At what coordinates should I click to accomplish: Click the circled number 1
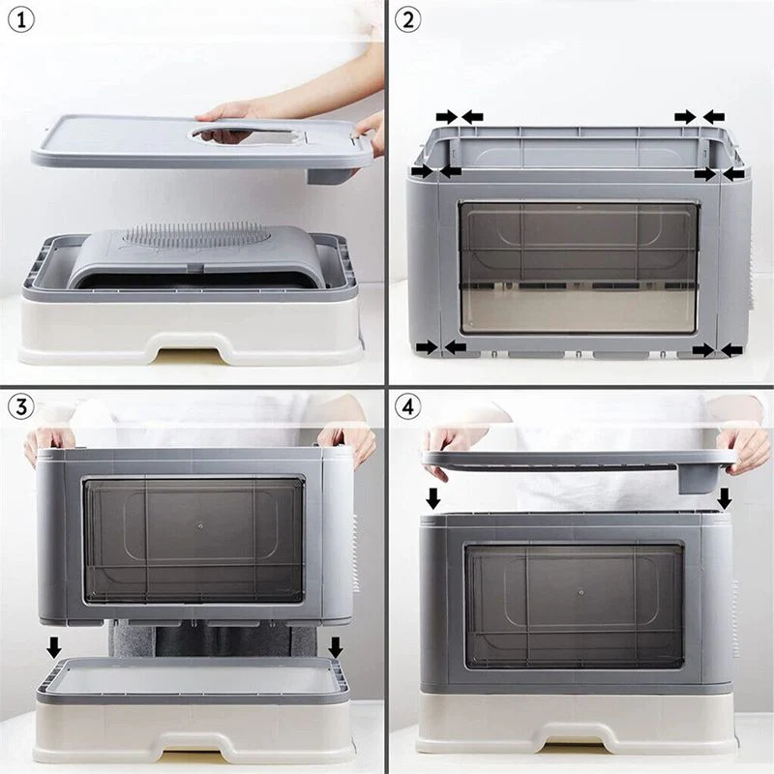20,20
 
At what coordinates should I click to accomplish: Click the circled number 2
407,20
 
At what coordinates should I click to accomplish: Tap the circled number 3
20,407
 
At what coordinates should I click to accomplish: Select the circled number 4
407,407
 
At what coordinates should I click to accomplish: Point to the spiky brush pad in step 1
194,235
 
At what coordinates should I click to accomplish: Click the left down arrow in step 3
54,646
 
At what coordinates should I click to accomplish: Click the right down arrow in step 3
336,646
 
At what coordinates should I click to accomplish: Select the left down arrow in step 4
432,498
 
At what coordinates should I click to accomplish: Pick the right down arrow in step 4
725,498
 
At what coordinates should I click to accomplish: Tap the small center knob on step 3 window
200,526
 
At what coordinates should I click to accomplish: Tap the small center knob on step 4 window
581,592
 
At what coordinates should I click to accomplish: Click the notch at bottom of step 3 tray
193,746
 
